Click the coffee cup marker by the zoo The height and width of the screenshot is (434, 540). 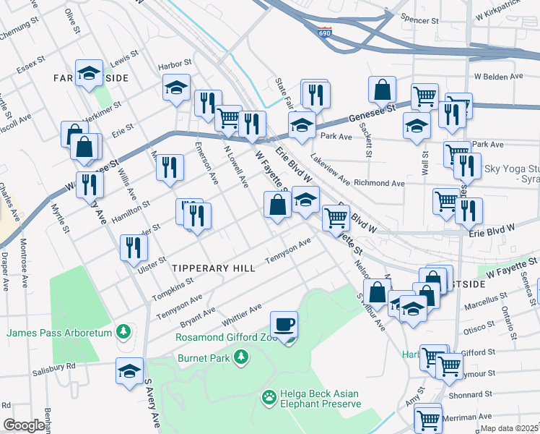tap(284, 323)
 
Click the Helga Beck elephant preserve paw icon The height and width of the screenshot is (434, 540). tap(270, 396)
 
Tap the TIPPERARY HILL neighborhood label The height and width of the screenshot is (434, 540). tap(213, 268)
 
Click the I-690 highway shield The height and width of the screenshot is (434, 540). tap(326, 33)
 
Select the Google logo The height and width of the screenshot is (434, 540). tap(24, 425)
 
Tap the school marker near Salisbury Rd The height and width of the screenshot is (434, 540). tap(129, 371)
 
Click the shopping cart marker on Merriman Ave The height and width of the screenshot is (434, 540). tap(428, 417)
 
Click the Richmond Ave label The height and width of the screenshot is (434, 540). tap(380, 184)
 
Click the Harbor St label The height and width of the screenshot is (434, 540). tap(175, 64)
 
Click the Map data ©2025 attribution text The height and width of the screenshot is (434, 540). tap(509, 427)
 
